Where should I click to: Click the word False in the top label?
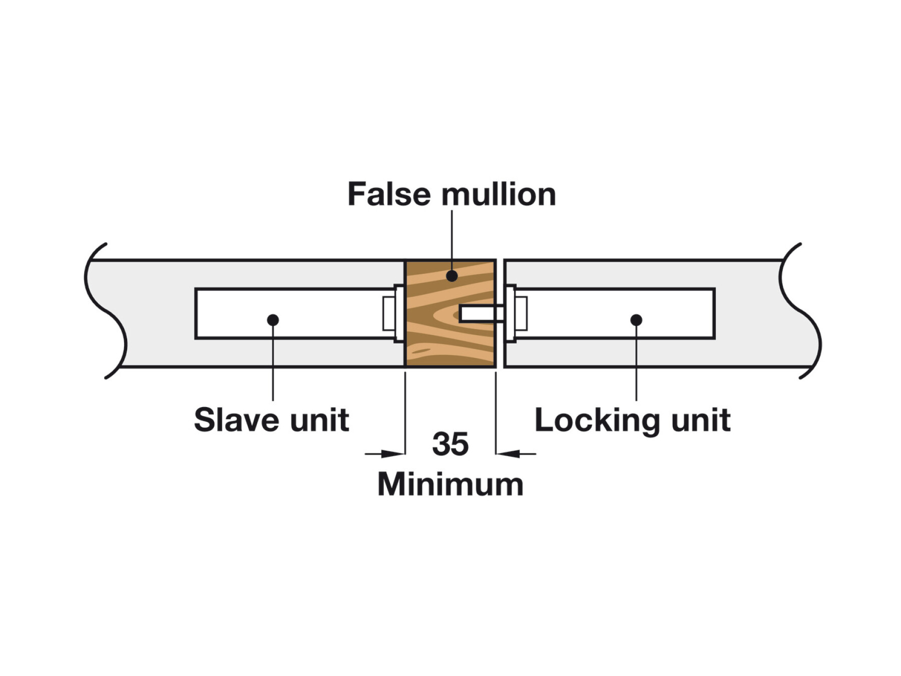pos(388,194)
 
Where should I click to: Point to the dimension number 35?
pos(450,444)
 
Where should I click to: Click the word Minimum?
pos(450,484)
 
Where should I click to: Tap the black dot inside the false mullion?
pos(452,275)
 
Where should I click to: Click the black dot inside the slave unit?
pos(273,319)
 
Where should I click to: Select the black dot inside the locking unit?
pos(636,319)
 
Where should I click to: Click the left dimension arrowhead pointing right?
pos(392,454)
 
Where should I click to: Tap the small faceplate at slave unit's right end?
pos(389,313)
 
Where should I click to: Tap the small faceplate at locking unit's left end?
pos(521,313)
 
